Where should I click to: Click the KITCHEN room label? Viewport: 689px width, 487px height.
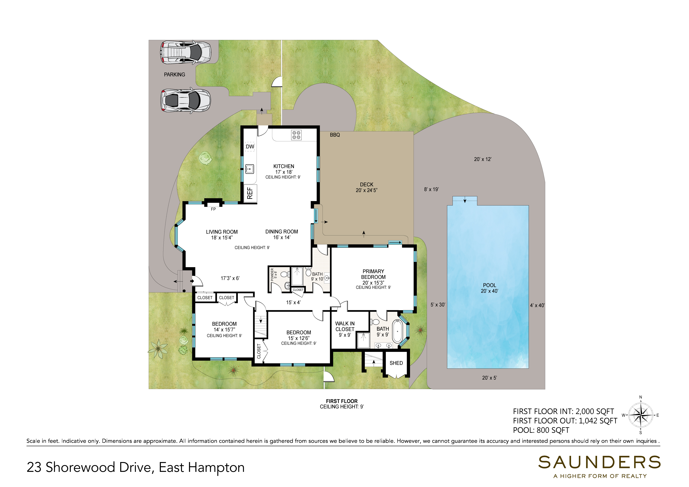pos(284,166)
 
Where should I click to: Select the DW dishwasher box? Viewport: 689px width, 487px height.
pos(250,147)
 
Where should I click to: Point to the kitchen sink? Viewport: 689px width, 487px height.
pos(250,169)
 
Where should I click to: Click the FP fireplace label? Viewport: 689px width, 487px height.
pos(213,209)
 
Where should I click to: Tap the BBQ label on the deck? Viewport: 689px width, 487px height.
pos(335,135)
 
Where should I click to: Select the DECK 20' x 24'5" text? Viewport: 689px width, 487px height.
pos(366,187)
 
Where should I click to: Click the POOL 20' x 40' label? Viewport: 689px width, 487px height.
pos(489,288)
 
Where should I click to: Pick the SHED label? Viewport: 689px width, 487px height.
pos(396,363)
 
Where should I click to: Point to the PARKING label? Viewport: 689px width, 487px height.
pos(174,74)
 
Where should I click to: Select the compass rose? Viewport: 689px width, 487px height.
pos(640,415)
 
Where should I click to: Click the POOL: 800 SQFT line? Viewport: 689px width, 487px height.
pos(541,430)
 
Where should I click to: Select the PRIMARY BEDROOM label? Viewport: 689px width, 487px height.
pos(373,274)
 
